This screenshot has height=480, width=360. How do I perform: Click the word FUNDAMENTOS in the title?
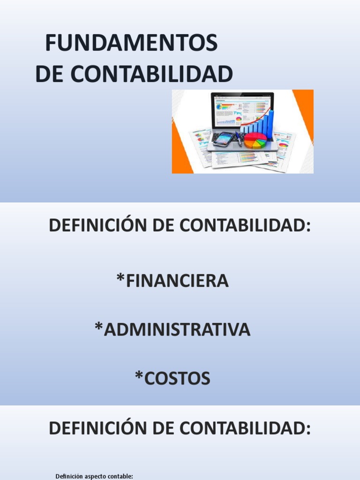coord(131,44)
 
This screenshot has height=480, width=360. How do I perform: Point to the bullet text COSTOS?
coord(178,378)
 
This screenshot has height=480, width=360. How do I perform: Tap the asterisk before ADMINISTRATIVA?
coord(98,328)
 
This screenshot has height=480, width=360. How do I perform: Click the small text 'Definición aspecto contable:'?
coord(94,476)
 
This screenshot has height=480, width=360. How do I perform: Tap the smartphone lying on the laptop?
coord(224,138)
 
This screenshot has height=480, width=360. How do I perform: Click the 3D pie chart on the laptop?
coord(255,140)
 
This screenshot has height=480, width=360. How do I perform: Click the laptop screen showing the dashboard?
coord(234,112)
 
